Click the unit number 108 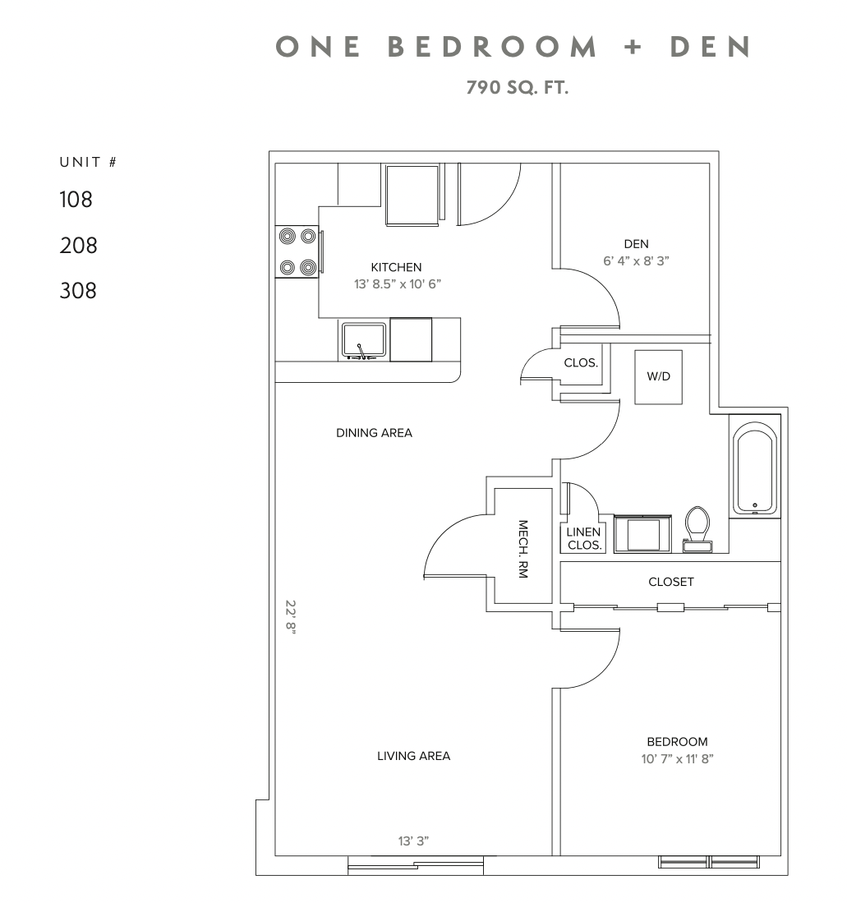coord(76,199)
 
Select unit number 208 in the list coord(78,245)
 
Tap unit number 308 coord(78,291)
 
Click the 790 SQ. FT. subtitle coord(518,87)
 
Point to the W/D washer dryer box coord(659,377)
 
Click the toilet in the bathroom coord(698,528)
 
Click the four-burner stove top coord(297,251)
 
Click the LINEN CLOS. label coord(584,539)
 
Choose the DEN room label coord(636,243)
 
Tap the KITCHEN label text coord(396,267)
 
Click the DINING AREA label coord(374,433)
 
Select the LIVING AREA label coord(413,756)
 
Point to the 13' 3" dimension coord(413,841)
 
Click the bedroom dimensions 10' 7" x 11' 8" coord(677,759)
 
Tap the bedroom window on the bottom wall coord(710,862)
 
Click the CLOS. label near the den coord(580,362)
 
